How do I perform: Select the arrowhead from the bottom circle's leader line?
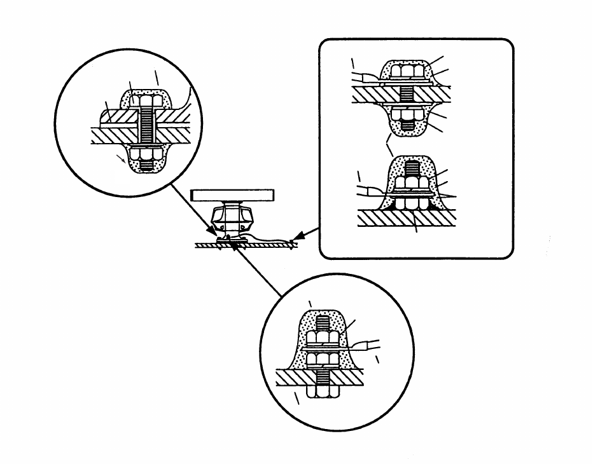click(235, 247)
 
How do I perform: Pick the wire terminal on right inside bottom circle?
click(367, 346)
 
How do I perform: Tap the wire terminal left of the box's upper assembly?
click(366, 78)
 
